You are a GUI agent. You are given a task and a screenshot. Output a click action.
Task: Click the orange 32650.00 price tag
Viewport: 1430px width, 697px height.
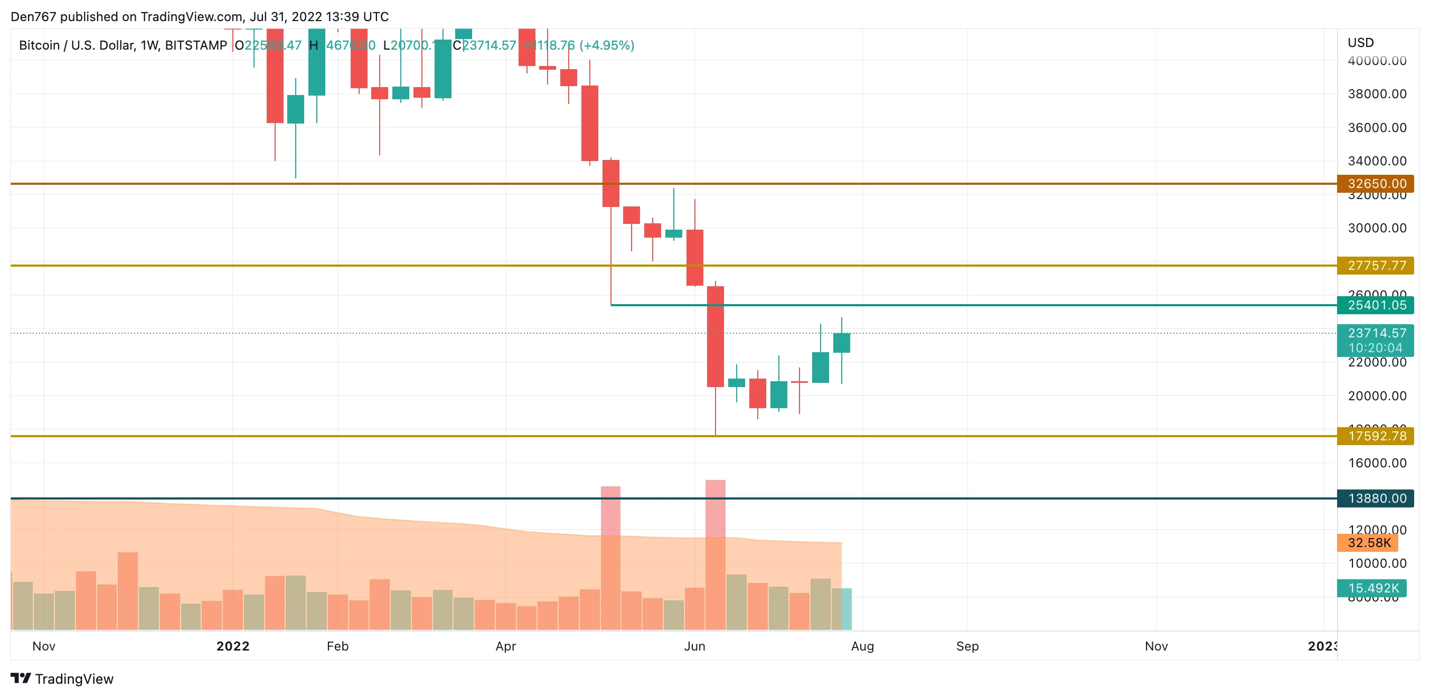[1375, 184]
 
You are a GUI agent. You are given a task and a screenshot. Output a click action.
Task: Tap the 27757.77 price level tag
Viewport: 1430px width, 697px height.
[1375, 266]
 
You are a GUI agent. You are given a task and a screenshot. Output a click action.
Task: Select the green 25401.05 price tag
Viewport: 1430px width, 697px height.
[1375, 305]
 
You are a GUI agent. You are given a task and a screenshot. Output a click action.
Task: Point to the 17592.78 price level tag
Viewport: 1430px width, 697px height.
[1375, 436]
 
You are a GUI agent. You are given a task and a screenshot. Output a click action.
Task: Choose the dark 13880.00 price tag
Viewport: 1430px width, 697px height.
[1375, 498]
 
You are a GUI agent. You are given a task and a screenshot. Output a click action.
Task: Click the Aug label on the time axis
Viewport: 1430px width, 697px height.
[862, 646]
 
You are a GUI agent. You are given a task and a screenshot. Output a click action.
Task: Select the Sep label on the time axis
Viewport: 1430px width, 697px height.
[967, 646]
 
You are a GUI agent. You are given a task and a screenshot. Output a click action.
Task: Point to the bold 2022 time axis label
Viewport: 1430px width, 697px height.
[232, 646]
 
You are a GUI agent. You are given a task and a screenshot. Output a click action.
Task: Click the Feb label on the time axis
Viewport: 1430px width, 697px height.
[337, 646]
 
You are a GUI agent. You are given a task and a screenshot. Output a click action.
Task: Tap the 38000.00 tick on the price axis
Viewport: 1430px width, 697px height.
[1377, 95]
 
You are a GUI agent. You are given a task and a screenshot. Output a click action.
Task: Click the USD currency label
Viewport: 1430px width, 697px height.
[1361, 43]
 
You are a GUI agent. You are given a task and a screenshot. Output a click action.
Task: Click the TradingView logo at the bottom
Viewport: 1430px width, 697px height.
[62, 679]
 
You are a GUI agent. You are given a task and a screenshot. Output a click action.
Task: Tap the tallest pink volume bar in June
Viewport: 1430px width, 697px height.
[715, 555]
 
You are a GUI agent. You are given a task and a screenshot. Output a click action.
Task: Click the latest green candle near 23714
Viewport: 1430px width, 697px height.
[842, 343]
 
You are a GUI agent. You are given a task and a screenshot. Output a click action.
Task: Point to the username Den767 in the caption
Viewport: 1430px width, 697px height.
[33, 17]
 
